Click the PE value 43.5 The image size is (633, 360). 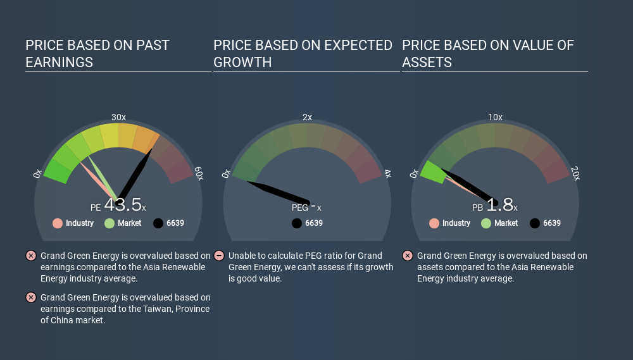click(x=123, y=205)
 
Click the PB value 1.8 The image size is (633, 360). click(x=499, y=205)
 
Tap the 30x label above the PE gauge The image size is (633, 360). click(x=118, y=118)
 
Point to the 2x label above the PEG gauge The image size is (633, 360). click(x=307, y=118)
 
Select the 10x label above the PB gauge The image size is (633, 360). click(x=495, y=118)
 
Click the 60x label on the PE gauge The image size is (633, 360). click(x=199, y=174)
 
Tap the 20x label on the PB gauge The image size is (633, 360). click(x=575, y=174)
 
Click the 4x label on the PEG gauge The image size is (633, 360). click(x=387, y=174)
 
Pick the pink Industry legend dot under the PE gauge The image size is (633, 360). click(x=58, y=223)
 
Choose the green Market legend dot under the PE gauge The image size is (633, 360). click(x=110, y=223)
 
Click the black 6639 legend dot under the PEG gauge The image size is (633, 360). click(x=297, y=223)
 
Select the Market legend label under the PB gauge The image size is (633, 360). click(x=506, y=223)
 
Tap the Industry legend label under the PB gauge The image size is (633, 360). click(x=456, y=223)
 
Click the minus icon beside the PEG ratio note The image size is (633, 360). click(x=219, y=256)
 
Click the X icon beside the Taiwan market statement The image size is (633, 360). click(x=30, y=297)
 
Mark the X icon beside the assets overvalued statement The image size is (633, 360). click(x=407, y=256)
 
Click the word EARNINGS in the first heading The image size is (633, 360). click(x=59, y=62)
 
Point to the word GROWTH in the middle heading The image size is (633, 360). click(x=242, y=62)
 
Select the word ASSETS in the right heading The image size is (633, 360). click(x=427, y=62)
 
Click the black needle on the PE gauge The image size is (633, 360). click(x=134, y=174)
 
